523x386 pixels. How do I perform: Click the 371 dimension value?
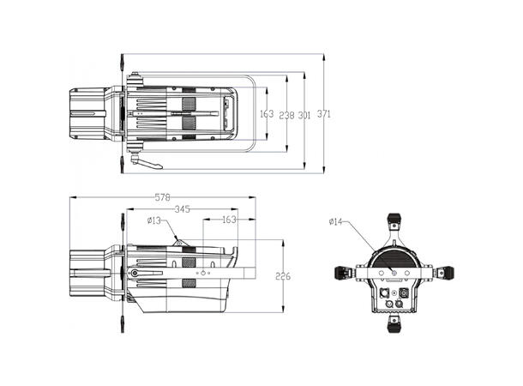click(x=323, y=114)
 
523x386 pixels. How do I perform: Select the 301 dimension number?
click(x=304, y=114)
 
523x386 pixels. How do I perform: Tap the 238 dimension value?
click(x=286, y=114)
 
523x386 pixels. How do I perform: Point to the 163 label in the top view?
click(x=266, y=114)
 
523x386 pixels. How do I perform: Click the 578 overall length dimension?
click(x=162, y=197)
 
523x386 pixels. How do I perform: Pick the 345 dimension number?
click(x=181, y=208)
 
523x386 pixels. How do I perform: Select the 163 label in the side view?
click(x=229, y=220)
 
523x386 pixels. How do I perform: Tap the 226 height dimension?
click(x=282, y=275)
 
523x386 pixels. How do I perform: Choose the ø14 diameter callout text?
click(x=336, y=222)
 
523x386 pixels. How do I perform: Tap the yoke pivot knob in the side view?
click(x=135, y=274)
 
